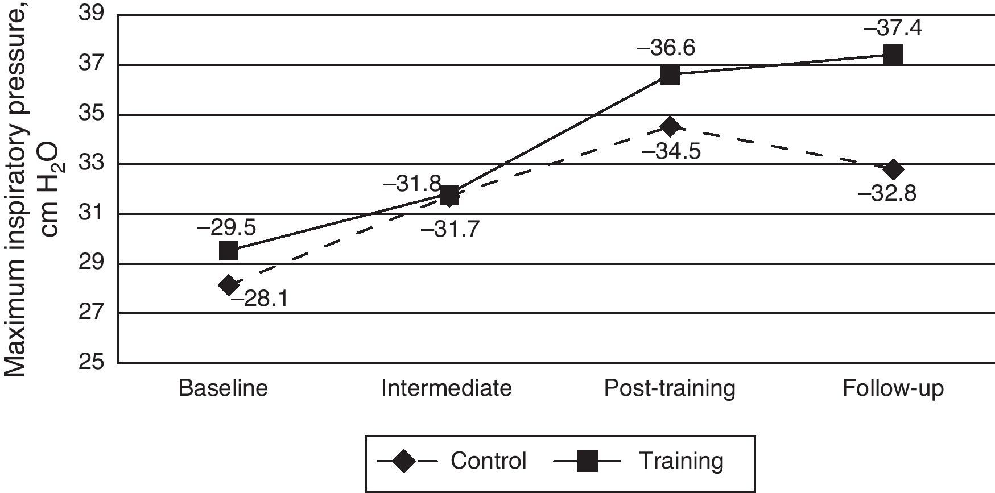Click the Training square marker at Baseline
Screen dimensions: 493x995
(228, 250)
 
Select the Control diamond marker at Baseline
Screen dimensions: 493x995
(229, 285)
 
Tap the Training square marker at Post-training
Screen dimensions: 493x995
(670, 74)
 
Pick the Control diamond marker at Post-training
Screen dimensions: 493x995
(670, 126)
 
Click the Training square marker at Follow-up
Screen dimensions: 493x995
(893, 55)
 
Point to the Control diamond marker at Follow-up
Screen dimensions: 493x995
(893, 169)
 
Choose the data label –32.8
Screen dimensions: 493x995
(887, 194)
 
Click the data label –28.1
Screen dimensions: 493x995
(258, 299)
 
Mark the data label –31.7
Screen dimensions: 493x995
(450, 229)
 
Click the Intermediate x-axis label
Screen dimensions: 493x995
(446, 388)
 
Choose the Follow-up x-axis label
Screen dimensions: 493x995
(893, 388)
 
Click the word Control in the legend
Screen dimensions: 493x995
(488, 461)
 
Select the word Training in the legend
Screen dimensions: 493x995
(682, 461)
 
